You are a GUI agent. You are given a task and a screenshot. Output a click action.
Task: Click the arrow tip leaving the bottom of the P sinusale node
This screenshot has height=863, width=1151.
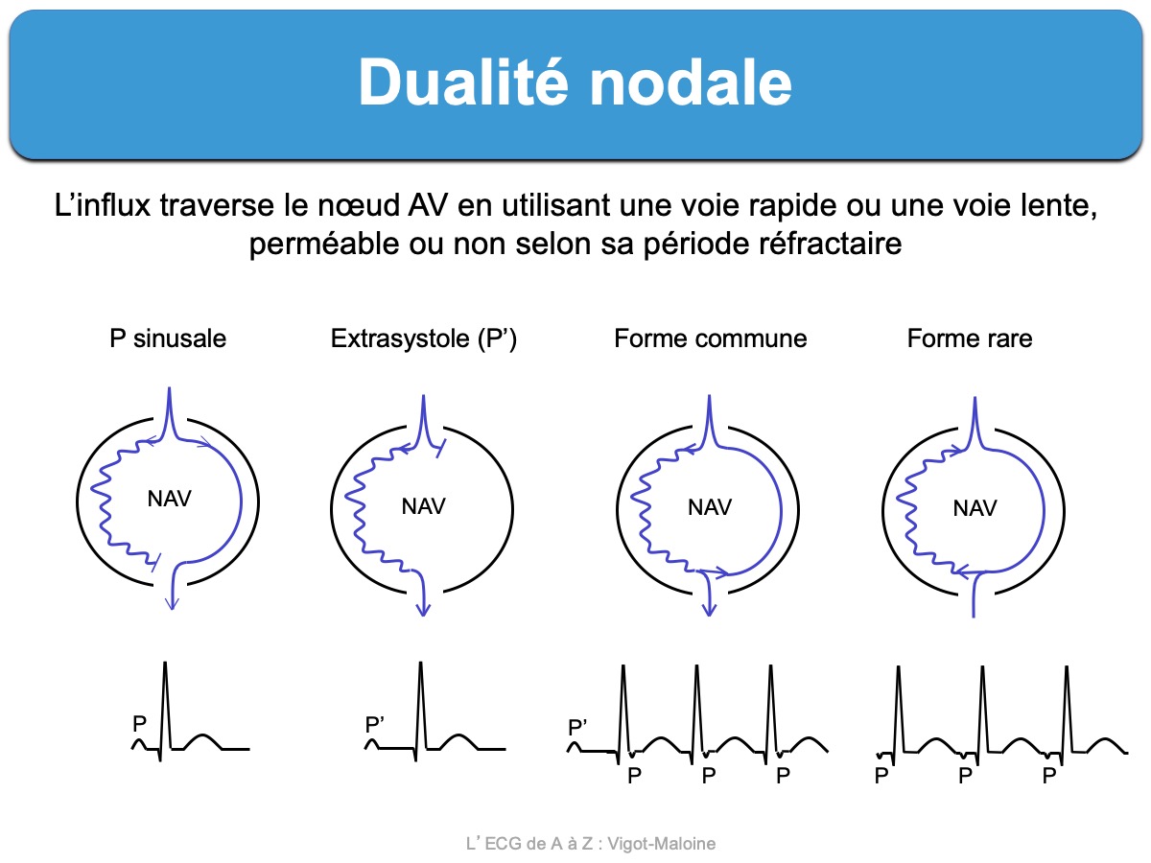pos(172,610)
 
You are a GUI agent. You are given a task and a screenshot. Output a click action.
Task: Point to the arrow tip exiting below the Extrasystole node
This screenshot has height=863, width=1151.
pos(423,616)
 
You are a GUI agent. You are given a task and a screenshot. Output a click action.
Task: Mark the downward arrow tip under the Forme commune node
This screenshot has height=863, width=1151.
pos(709,616)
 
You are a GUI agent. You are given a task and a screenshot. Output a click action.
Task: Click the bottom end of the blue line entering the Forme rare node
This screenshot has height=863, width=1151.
pos(974,618)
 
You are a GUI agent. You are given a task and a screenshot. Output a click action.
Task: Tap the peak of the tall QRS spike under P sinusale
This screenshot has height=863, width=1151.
pos(165,663)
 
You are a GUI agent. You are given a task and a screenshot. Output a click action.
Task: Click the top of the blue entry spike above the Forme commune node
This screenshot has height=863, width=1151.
pos(710,396)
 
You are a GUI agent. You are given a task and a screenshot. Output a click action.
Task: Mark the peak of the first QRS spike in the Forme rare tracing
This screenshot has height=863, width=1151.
pos(898,667)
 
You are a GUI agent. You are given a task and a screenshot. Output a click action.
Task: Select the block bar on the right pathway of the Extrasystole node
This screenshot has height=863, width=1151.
pos(441,449)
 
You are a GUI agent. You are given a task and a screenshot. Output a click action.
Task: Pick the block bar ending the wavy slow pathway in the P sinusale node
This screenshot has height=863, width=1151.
pos(155,562)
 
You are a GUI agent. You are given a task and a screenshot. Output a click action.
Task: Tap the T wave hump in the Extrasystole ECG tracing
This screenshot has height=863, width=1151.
pos(458,741)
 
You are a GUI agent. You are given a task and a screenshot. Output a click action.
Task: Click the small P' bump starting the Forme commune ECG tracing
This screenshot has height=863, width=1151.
pos(575,746)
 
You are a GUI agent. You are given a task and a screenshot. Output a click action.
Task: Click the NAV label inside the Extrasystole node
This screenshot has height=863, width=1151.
pos(423,506)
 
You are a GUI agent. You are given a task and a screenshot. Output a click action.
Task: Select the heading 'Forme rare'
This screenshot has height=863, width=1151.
pos(970,338)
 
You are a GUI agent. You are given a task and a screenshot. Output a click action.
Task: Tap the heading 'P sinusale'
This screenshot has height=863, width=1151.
pos(168,338)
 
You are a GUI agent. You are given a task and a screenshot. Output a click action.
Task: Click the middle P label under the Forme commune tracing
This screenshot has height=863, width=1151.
pos(709,775)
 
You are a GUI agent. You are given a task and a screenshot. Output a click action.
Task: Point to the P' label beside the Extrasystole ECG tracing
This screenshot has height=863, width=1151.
pos(374,725)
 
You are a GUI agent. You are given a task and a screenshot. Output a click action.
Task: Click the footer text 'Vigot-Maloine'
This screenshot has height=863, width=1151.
pos(661,844)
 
